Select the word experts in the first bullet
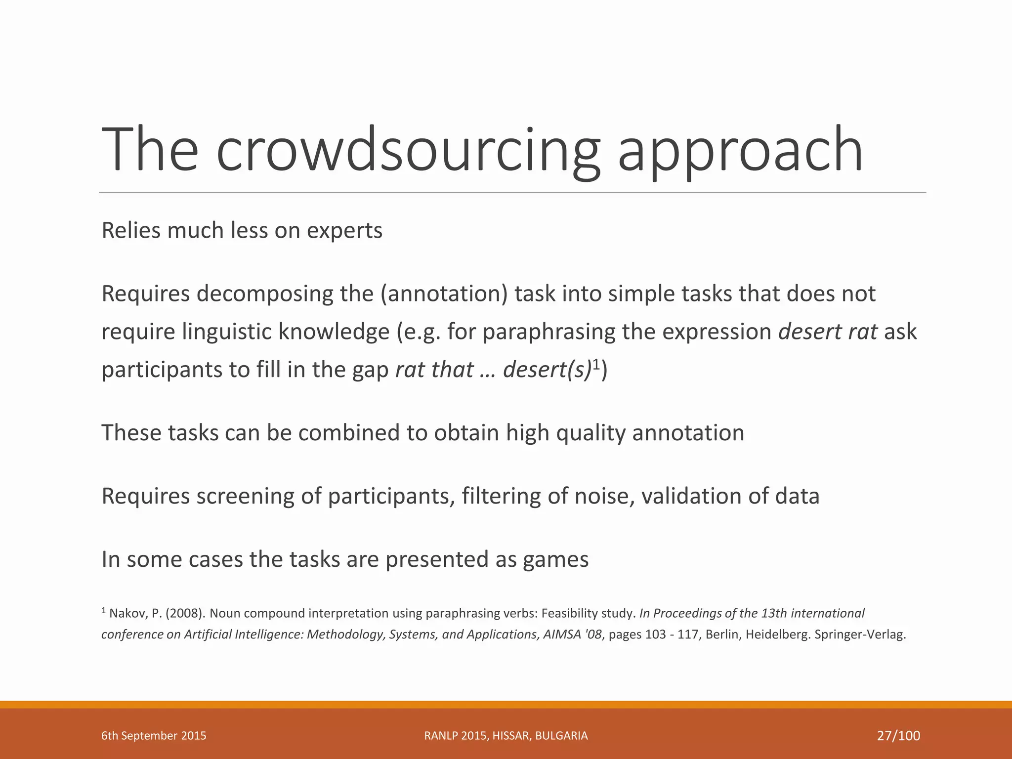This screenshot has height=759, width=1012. [344, 231]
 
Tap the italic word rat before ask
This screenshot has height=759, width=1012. [863, 332]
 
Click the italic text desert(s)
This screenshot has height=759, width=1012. [547, 370]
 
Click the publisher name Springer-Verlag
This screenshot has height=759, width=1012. [860, 634]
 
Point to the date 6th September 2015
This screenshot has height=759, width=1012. [154, 736]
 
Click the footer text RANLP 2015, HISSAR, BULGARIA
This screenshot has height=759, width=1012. [506, 736]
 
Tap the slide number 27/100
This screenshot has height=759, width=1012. [898, 736]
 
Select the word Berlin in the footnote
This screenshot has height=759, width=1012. [723, 634]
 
